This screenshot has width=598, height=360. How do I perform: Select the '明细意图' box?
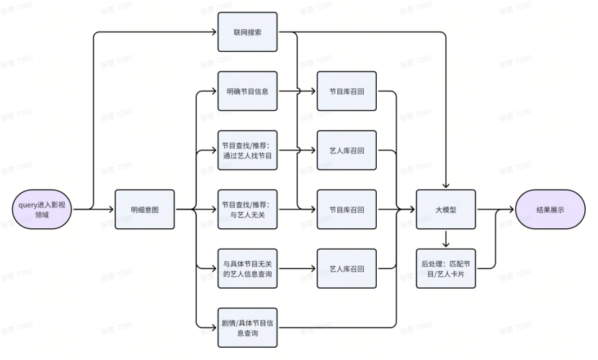(145, 210)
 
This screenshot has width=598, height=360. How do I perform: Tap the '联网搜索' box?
(247, 32)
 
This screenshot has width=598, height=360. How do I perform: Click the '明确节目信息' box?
(247, 91)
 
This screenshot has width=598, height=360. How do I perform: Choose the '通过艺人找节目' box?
(247, 151)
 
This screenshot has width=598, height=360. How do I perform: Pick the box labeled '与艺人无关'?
(247, 210)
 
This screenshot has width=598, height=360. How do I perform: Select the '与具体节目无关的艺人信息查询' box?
(247, 269)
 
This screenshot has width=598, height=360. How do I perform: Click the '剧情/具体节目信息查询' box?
(247, 328)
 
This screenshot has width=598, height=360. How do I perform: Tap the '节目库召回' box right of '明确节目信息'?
(347, 91)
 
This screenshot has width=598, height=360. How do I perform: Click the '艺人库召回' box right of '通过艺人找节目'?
(347, 151)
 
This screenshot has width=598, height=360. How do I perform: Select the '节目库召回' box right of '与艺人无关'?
(347, 210)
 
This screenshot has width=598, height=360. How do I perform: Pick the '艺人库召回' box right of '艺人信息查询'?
(347, 269)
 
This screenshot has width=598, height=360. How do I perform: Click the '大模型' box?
(447, 210)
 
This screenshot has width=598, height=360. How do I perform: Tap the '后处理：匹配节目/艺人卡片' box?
(447, 269)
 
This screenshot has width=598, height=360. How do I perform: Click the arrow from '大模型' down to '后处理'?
(447, 239)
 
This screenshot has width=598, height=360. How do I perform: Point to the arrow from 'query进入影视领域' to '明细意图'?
(94, 210)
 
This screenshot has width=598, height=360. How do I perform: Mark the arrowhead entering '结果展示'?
(512, 210)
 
